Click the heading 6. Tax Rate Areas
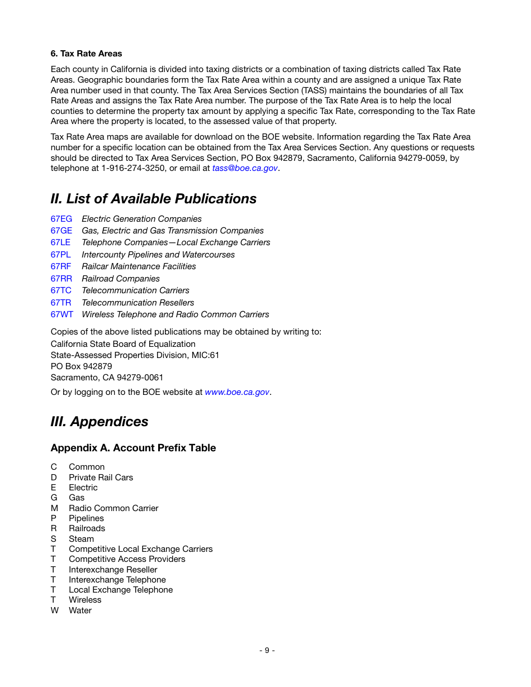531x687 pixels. [86, 54]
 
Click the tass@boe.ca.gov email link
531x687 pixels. [245, 168]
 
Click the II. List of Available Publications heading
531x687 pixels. [153, 199]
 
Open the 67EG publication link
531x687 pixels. [61, 219]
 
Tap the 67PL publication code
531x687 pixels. [60, 255]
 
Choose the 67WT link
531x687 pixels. [61, 314]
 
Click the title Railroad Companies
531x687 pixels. [120, 279]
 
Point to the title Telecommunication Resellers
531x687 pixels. [138, 303]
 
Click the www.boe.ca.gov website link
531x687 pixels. [237, 392]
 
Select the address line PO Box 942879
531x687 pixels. [81, 366]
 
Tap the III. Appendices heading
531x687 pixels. [99, 422]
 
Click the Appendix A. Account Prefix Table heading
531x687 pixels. [133, 448]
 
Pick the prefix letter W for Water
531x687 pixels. [54, 610]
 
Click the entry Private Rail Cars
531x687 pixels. [101, 478]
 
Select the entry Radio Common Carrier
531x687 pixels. [113, 508]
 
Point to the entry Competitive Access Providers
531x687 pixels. [127, 559]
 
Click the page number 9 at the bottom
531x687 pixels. [267, 650]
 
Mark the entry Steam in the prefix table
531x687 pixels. [81, 539]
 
